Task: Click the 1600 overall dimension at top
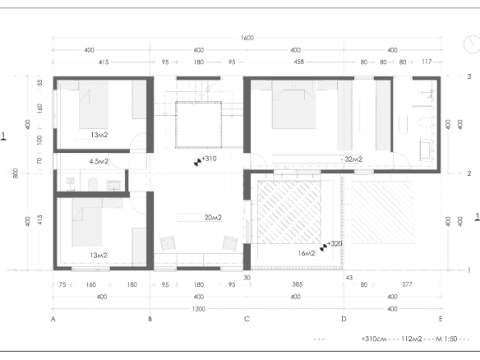click(x=247, y=38)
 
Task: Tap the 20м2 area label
click(x=213, y=218)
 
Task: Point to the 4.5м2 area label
click(x=99, y=161)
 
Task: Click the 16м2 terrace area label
click(x=307, y=253)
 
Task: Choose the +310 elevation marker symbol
click(x=198, y=162)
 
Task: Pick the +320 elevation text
click(x=335, y=244)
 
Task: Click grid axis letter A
click(x=53, y=319)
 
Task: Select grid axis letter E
click(x=441, y=319)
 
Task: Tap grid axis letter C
click(x=247, y=319)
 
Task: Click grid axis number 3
click(x=469, y=76)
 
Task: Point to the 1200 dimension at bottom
click(x=199, y=309)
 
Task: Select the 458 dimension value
click(x=299, y=62)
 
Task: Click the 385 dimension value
click(x=298, y=284)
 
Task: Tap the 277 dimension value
click(x=407, y=284)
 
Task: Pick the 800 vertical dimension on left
click(x=16, y=173)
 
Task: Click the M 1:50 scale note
click(x=446, y=339)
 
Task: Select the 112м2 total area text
click(x=412, y=339)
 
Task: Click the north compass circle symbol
click(x=472, y=44)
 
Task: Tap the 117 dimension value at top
click(x=427, y=62)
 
